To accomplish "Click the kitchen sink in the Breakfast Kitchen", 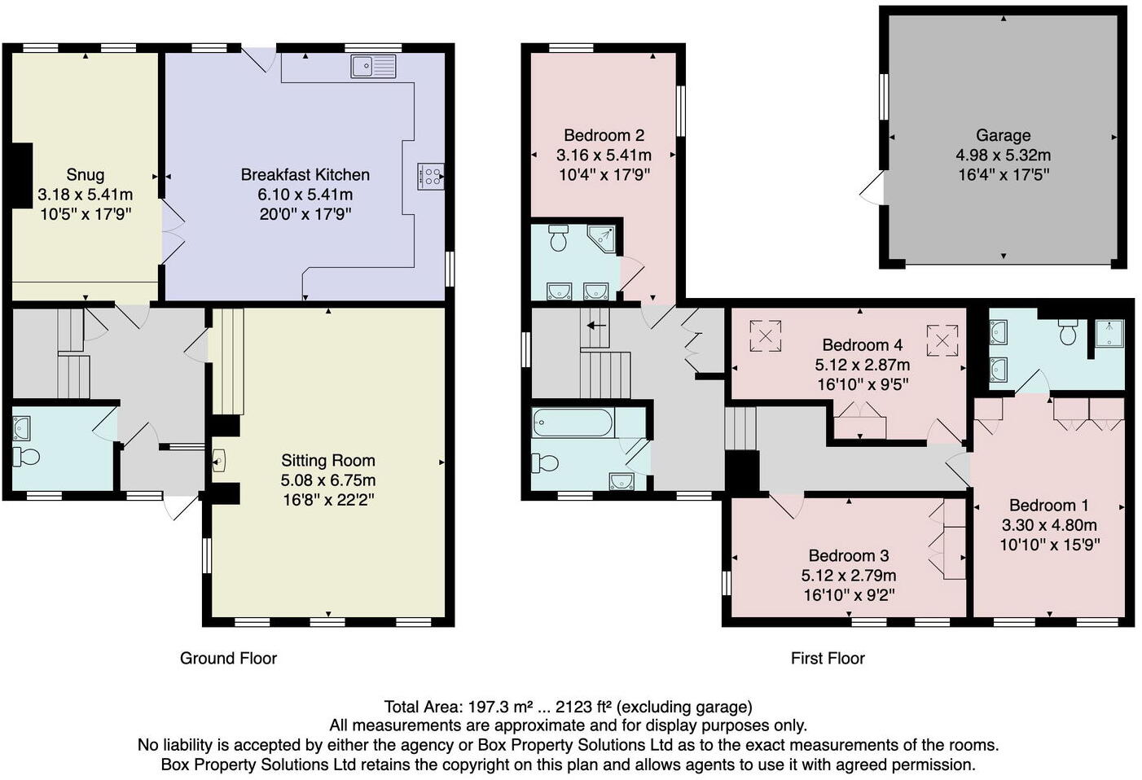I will coord(373,66).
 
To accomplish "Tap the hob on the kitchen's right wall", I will coord(430,177).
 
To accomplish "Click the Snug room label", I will coord(86,174).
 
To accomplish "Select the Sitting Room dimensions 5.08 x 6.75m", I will coord(328,480).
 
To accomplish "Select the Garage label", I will coord(1003,135).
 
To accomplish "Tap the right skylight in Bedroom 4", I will coord(942,340).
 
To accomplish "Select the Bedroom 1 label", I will coord(1048,505).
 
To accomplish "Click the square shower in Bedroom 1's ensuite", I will coord(1109,334).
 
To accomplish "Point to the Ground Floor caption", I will coord(228,658).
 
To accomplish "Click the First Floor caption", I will coord(828,658).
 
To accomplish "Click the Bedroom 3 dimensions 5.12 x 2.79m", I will coord(849,576).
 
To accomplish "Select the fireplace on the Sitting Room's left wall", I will coord(219,461).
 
